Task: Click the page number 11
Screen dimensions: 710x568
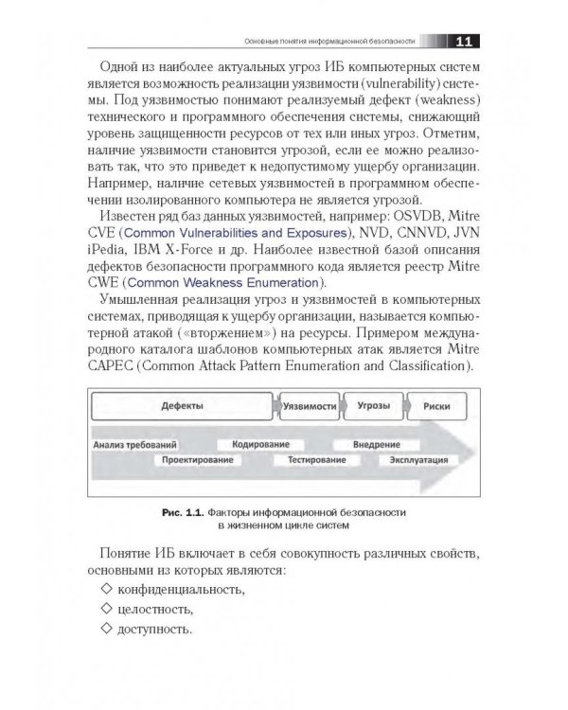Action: (466, 41)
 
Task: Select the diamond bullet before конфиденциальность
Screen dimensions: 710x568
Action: (104, 590)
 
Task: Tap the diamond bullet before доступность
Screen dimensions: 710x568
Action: (104, 628)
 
